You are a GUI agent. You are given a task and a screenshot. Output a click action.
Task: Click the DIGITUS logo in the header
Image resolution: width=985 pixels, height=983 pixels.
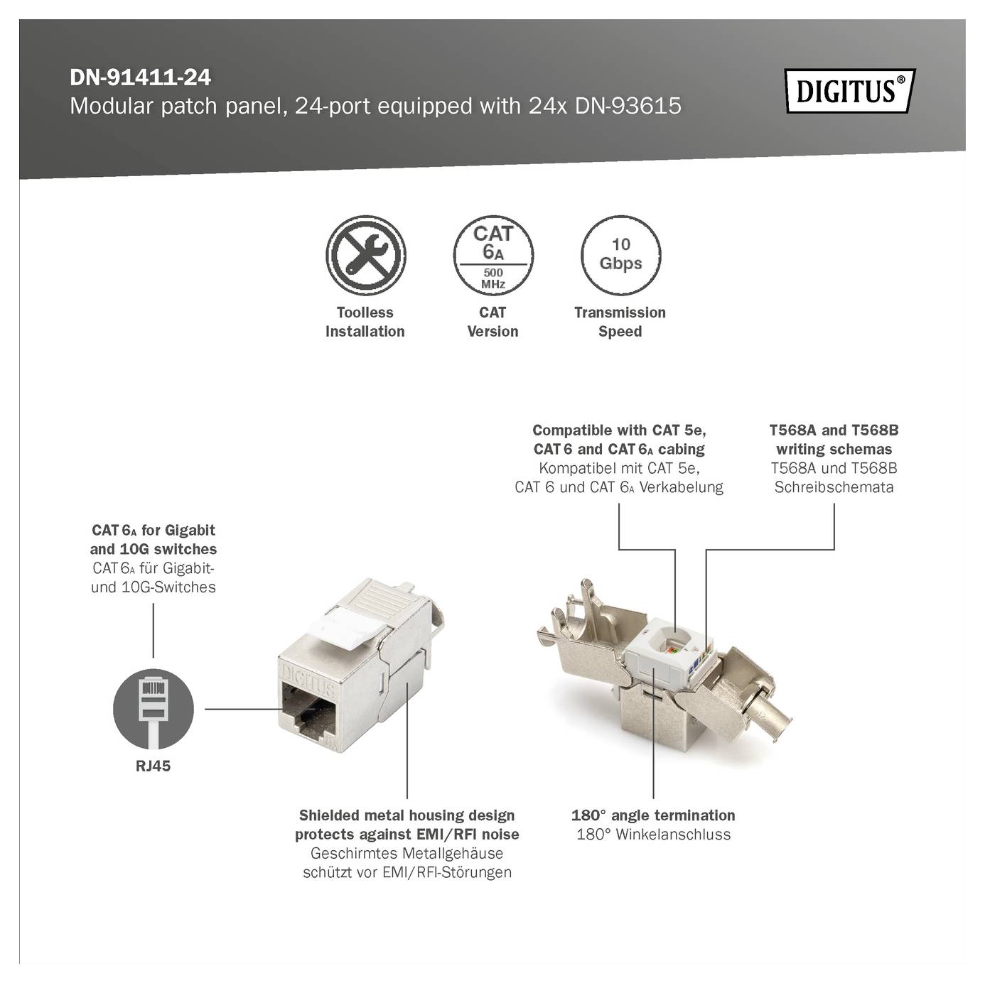point(849,91)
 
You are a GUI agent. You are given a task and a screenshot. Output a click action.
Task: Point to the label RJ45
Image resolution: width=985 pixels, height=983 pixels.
point(153,766)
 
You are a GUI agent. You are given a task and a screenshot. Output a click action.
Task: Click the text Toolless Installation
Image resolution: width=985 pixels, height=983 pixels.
point(365,322)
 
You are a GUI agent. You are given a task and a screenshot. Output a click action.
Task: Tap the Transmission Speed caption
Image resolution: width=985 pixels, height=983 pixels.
point(620,322)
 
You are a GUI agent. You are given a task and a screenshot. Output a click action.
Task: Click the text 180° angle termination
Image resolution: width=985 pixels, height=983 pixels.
point(652,815)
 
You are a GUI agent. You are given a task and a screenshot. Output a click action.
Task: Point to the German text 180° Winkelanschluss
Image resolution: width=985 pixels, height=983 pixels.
point(652,835)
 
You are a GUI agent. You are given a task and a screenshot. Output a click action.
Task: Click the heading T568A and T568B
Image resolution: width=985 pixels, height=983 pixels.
point(834,430)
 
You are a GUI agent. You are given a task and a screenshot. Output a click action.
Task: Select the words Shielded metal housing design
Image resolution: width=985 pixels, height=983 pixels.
point(407,815)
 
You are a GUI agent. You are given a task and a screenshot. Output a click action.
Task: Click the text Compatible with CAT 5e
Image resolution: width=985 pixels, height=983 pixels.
point(619,430)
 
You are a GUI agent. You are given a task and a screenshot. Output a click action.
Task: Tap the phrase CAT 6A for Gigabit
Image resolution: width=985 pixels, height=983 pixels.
point(153,531)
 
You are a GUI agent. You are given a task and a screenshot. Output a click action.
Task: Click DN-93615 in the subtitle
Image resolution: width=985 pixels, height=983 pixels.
point(628,107)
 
